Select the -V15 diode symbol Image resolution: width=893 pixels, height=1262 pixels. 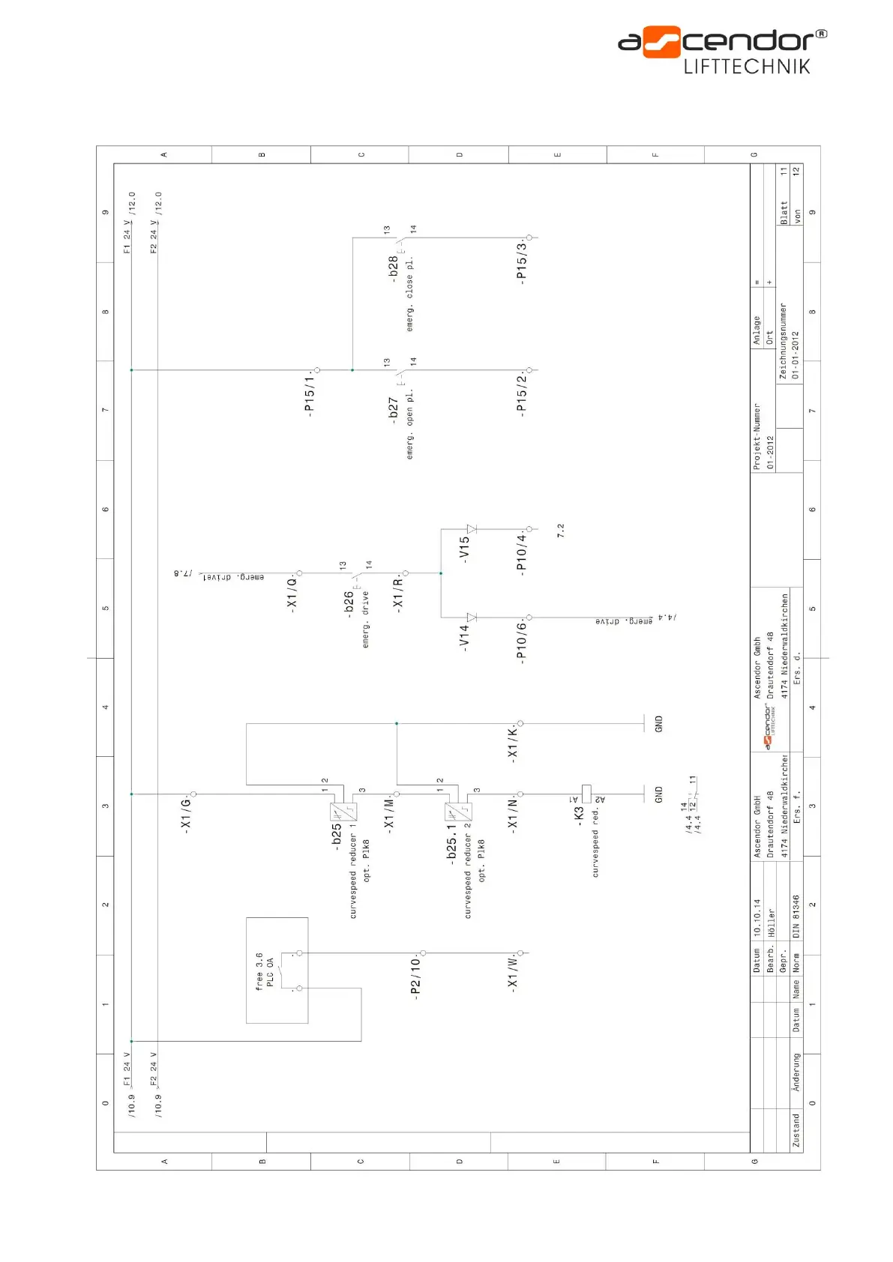[x=471, y=529]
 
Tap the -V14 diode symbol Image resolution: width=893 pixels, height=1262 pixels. [x=471, y=618]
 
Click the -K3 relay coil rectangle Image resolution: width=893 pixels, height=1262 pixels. [x=586, y=794]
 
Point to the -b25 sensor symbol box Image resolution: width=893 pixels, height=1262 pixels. [x=343, y=812]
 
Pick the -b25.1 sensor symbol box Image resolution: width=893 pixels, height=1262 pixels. [x=458, y=812]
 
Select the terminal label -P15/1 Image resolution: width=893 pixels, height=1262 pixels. [x=309, y=393]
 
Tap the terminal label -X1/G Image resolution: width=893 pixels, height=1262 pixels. [x=185, y=814]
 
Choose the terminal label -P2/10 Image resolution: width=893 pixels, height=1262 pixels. [x=415, y=976]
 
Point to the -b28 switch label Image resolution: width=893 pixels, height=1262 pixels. [x=393, y=268]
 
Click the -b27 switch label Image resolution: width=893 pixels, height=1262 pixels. [x=393, y=411]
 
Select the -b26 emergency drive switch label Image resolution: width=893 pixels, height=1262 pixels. [x=348, y=604]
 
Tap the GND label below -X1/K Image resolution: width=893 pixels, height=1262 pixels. [x=658, y=724]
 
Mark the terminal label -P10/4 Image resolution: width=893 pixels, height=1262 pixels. [x=521, y=553]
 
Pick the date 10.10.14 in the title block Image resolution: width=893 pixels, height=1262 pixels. [x=757, y=917]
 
